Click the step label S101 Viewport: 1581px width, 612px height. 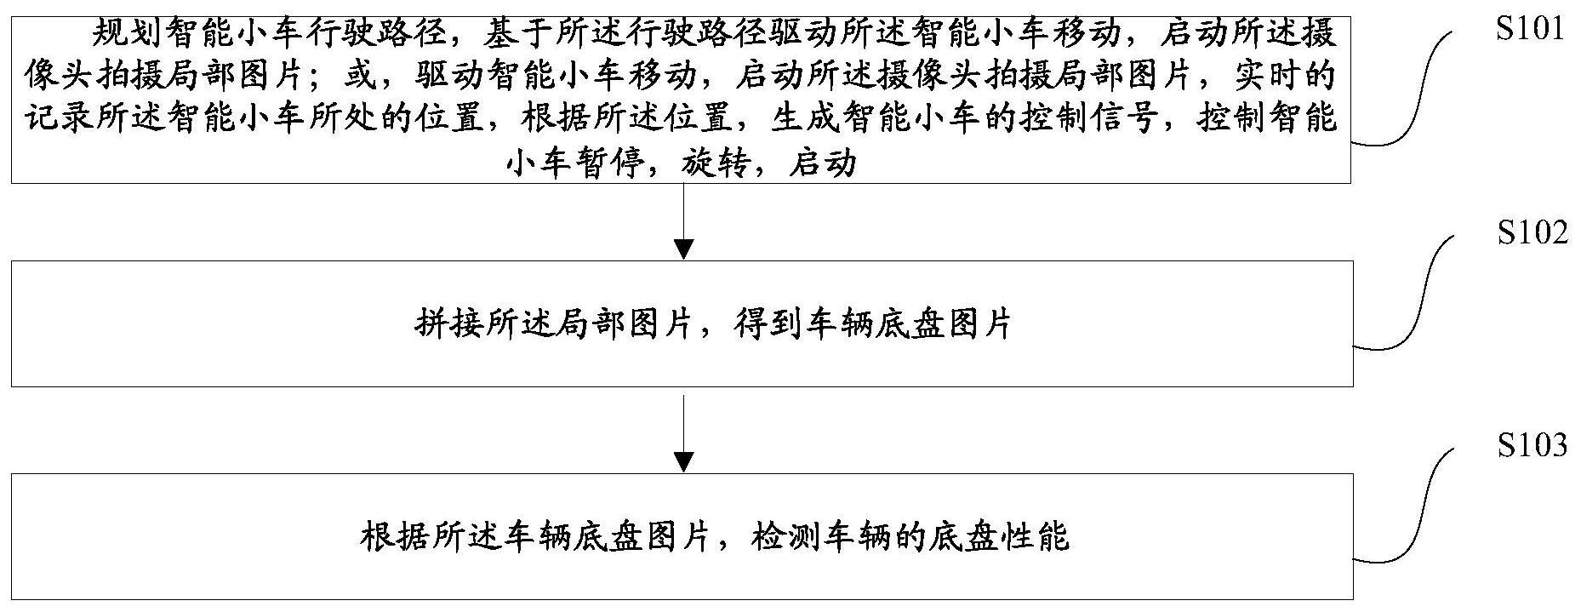(1531, 31)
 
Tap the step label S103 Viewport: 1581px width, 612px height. (1531, 444)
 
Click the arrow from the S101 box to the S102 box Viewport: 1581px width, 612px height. (682, 221)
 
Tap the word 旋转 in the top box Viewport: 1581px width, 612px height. (715, 163)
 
